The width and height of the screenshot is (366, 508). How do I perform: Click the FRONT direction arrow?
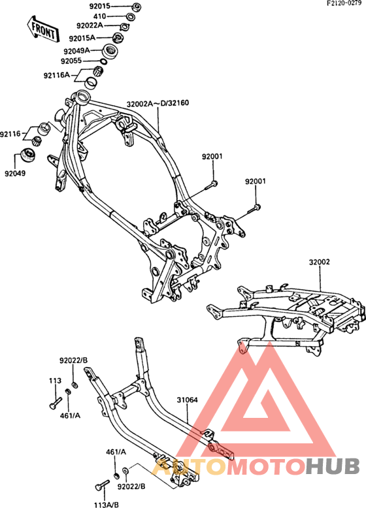pyautogui.click(x=42, y=29)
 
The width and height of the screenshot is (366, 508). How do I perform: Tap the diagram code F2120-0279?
pyautogui.click(x=344, y=3)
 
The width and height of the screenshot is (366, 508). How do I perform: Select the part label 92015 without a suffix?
pyautogui.click(x=100, y=6)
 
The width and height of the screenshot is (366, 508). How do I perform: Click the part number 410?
pyautogui.click(x=99, y=16)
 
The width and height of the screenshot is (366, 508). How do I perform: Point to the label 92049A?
pyautogui.click(x=76, y=51)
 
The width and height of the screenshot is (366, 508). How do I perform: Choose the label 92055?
pyautogui.click(x=71, y=61)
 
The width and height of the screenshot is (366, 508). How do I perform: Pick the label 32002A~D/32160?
pyautogui.click(x=158, y=104)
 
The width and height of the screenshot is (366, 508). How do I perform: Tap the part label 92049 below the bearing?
pyautogui.click(x=15, y=173)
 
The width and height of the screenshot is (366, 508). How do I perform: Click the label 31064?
pyautogui.click(x=187, y=400)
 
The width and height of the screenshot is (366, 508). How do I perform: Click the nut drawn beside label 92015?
pyautogui.click(x=137, y=6)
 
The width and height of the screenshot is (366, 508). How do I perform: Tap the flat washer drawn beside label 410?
pyautogui.click(x=130, y=16)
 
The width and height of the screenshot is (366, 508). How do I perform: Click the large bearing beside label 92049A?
pyautogui.click(x=110, y=51)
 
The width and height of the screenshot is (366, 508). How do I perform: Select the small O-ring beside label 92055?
pyautogui.click(x=103, y=61)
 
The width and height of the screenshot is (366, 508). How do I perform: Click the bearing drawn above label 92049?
pyautogui.click(x=27, y=155)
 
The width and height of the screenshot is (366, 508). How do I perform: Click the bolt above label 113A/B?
pyautogui.click(x=102, y=484)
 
